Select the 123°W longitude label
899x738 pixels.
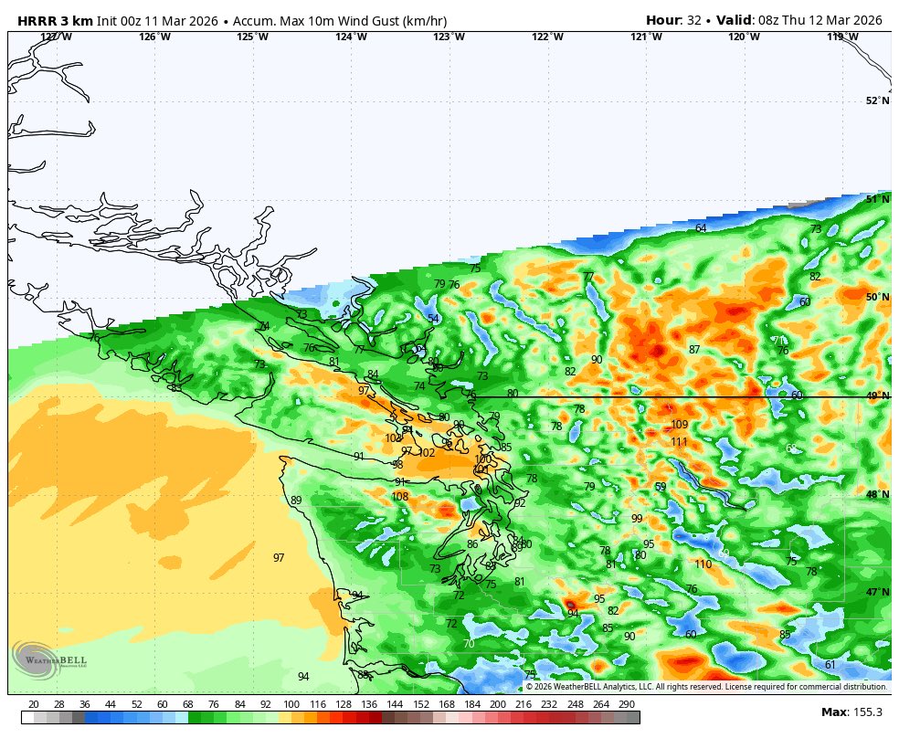pos(448,37)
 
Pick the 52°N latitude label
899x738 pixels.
pos(876,100)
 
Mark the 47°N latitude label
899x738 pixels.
pos(876,592)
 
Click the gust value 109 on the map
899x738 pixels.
pos(679,425)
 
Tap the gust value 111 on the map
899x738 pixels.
pos(679,442)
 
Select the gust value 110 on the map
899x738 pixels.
pos(702,564)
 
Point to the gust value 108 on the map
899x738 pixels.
pos(400,497)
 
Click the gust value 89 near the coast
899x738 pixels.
pos(296,501)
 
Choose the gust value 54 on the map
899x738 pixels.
pos(433,319)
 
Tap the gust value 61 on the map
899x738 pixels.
pos(830,665)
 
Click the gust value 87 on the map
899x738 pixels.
pos(694,350)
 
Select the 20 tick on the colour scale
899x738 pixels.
pos(34,704)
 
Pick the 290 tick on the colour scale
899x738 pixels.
pos(626,704)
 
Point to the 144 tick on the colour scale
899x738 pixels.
pos(395,704)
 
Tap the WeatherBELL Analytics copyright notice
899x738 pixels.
pos(705,687)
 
